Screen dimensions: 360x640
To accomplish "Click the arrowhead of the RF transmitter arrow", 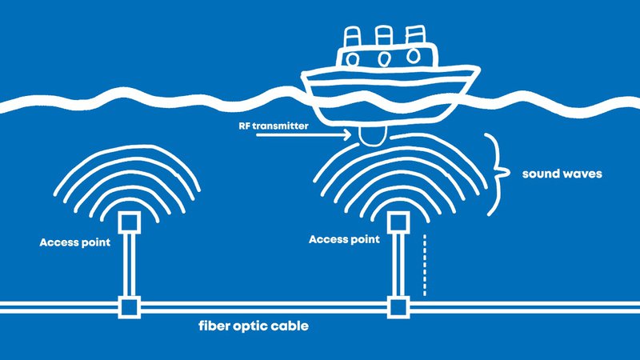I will click(346, 137).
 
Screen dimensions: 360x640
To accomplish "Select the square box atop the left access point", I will click(128, 222).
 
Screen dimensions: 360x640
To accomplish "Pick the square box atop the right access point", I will click(397, 222).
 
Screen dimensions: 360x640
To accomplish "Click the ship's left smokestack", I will click(353, 38).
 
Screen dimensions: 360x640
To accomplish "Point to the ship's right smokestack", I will click(414, 36).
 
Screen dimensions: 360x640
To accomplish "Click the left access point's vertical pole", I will click(128, 264).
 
